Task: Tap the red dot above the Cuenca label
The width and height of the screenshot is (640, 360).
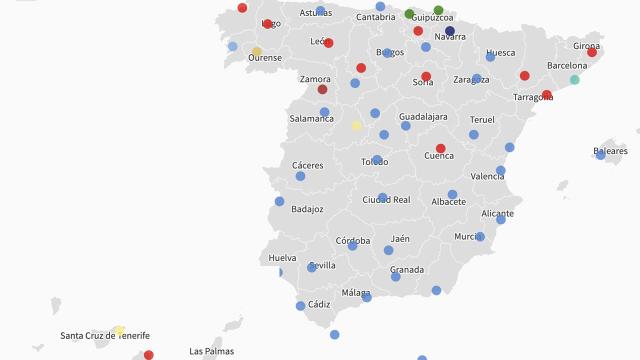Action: coord(440,148)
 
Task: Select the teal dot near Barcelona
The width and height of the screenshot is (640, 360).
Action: coord(575,80)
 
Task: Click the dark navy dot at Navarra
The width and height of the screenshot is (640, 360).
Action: coord(450,31)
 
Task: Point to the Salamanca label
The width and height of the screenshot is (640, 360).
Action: coord(311,118)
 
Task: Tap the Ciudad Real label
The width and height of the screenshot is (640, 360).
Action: coord(386,200)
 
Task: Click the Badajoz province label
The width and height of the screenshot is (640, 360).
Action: coord(307,209)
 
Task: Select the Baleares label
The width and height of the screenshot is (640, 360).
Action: coord(610,151)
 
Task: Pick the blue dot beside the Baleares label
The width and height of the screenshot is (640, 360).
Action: coord(600,155)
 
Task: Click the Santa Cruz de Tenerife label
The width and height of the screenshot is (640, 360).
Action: coord(105,336)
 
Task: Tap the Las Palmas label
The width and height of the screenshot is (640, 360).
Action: coord(211,351)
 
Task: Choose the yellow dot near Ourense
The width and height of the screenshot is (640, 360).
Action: coord(257,52)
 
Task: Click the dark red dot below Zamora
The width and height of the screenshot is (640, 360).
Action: coord(322,89)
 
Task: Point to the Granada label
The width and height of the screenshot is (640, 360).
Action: coord(407,269)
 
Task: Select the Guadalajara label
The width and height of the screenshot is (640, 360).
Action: coord(423,116)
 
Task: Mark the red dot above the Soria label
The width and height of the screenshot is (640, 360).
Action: coord(426,76)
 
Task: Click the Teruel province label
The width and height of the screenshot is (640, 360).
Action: coord(482,119)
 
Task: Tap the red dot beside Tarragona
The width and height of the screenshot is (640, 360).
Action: coord(547,95)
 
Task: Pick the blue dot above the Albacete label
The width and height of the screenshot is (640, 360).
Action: coord(452,195)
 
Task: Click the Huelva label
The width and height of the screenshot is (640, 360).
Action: coord(282,257)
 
